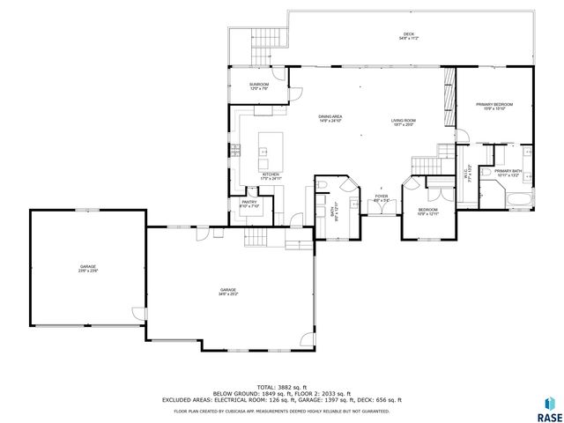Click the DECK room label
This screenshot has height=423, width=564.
[408, 36]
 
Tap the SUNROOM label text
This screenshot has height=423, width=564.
[259, 85]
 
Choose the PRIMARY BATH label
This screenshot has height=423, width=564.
[508, 173]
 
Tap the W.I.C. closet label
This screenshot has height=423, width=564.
[469, 174]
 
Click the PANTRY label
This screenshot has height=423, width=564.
[249, 204]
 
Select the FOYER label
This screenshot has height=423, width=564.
[381, 198]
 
